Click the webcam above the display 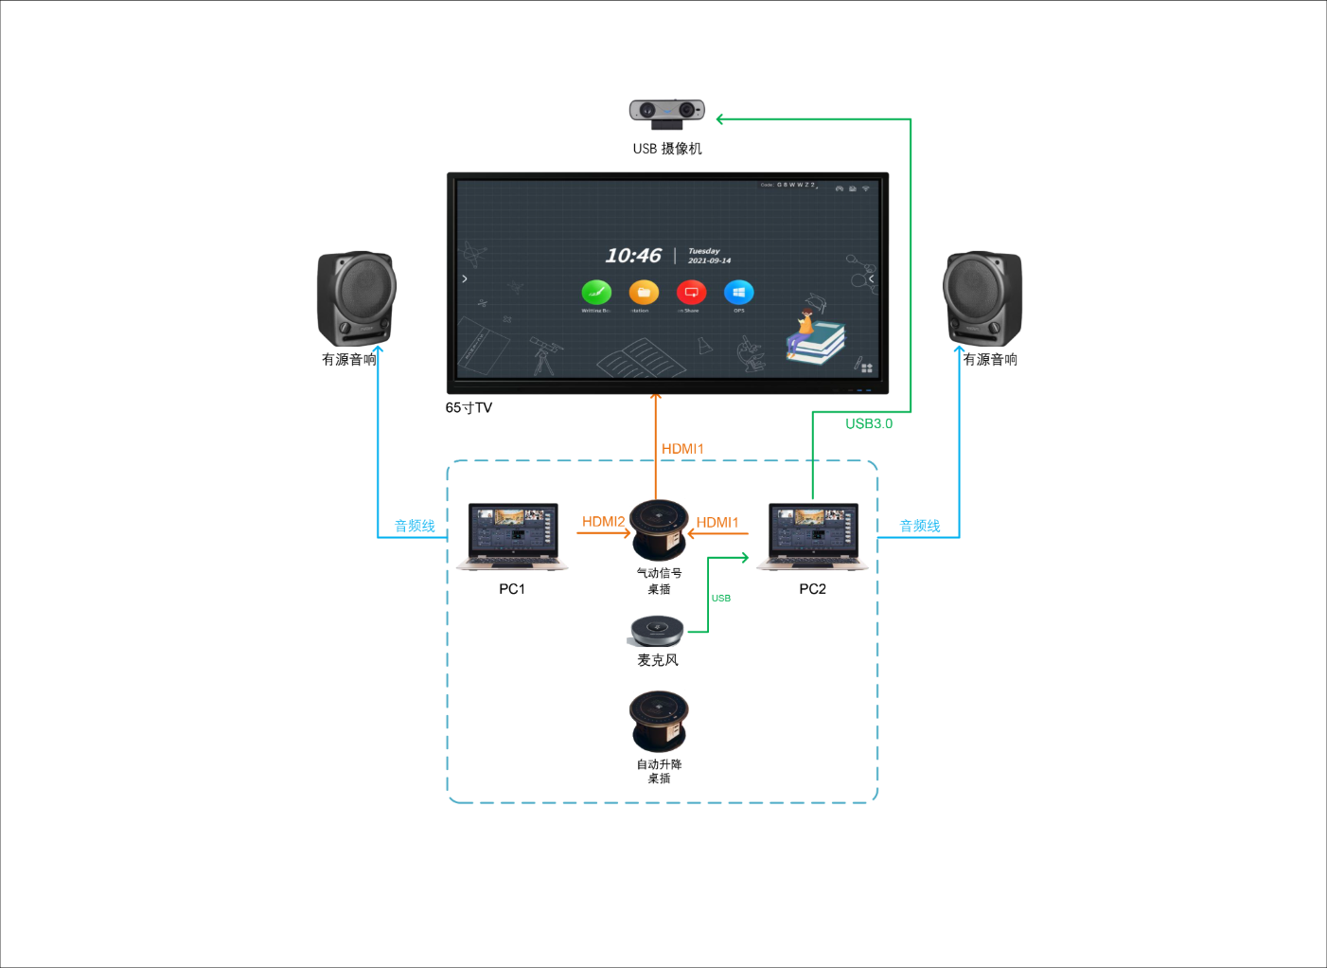tap(667, 112)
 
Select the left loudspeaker tap(356, 297)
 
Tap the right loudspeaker tap(982, 297)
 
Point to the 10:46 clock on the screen tap(632, 256)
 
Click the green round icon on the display tap(596, 293)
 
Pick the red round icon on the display tap(691, 293)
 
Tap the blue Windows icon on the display tap(738, 293)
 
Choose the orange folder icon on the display tap(644, 293)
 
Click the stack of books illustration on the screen tap(815, 341)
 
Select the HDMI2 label tap(603, 522)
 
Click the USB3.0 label tap(869, 423)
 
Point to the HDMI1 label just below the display tap(682, 449)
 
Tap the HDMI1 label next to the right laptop tap(717, 523)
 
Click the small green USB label tap(721, 599)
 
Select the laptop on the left tap(512, 536)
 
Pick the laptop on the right tap(813, 536)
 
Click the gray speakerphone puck tap(657, 631)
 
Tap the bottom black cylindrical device tap(659, 720)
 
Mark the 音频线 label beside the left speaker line tap(415, 526)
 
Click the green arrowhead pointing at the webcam tap(720, 118)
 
